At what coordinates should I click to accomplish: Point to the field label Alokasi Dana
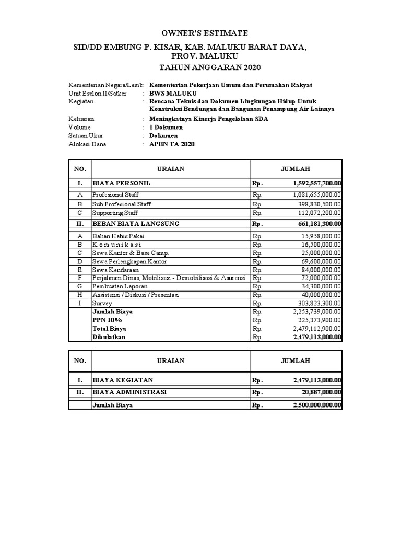click(87, 144)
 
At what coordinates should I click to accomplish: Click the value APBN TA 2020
click(172, 144)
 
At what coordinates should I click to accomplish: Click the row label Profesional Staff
click(115, 195)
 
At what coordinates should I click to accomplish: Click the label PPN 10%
click(107, 320)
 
